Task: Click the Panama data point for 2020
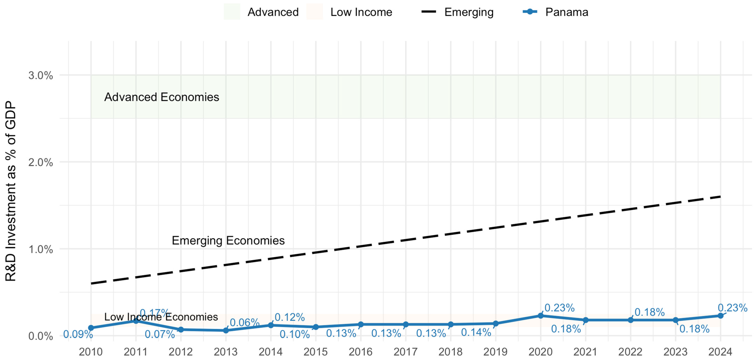(x=541, y=316)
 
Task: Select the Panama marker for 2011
(x=136, y=321)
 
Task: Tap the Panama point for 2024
(x=720, y=316)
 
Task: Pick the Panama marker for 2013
(x=226, y=330)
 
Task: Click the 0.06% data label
(x=244, y=323)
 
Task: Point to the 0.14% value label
(x=476, y=332)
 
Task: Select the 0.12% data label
(x=290, y=317)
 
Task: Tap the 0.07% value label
(x=160, y=334)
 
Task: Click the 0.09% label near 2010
(x=78, y=334)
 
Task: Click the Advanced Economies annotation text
(x=162, y=97)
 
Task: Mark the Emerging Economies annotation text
(x=228, y=240)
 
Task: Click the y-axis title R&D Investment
(x=11, y=191)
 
